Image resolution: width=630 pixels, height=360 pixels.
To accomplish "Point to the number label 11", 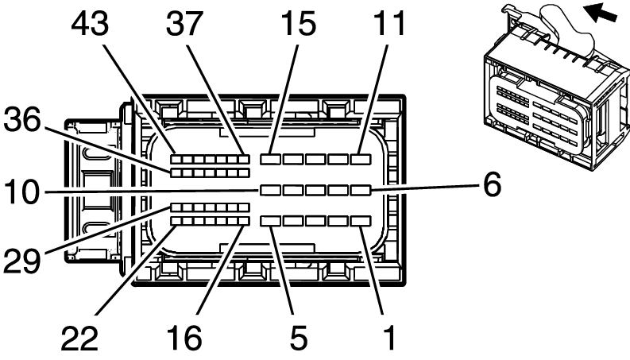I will [386, 24].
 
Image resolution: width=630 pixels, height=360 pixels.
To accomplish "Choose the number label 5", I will [298, 337].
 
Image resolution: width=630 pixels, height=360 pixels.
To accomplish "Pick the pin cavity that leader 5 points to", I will [271, 220].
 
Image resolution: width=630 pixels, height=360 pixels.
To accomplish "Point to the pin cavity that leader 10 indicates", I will [271, 190].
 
